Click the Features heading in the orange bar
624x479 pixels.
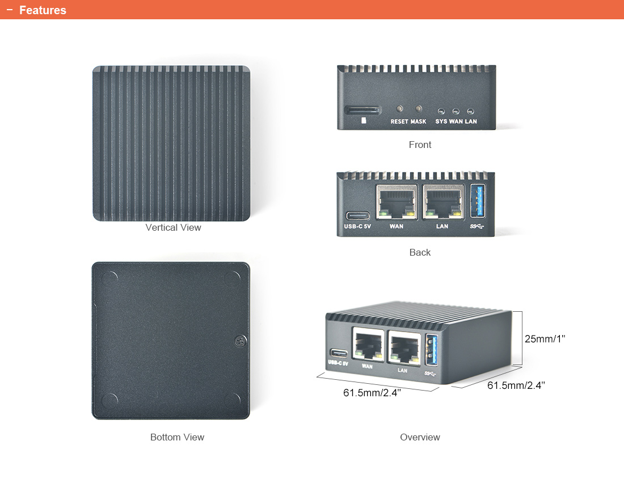pyautogui.click(x=43, y=10)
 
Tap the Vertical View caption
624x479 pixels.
pyautogui.click(x=173, y=227)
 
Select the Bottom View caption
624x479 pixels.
pyautogui.click(x=177, y=437)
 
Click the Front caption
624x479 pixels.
pyautogui.click(x=420, y=145)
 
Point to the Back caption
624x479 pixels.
pyautogui.click(x=420, y=252)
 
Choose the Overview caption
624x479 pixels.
pyautogui.click(x=420, y=437)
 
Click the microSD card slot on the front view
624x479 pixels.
pyautogui.click(x=362, y=110)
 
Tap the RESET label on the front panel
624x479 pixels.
pyautogui.click(x=399, y=122)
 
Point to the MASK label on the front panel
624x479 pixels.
pyautogui.click(x=418, y=122)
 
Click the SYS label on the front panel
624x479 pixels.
pyautogui.click(x=441, y=122)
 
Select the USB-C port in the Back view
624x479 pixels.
pyautogui.click(x=358, y=216)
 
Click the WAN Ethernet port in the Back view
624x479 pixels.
pyautogui.click(x=397, y=202)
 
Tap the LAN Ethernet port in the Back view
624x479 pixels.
pyautogui.click(x=444, y=202)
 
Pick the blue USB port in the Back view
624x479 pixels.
pyautogui.click(x=478, y=201)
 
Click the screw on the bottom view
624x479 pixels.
pyautogui.click(x=240, y=341)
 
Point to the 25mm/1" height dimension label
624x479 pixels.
pyautogui.click(x=545, y=339)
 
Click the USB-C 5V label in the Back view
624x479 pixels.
pyautogui.click(x=357, y=227)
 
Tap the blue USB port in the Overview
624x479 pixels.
pyautogui.click(x=431, y=350)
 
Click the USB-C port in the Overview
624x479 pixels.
pyautogui.click(x=339, y=353)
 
